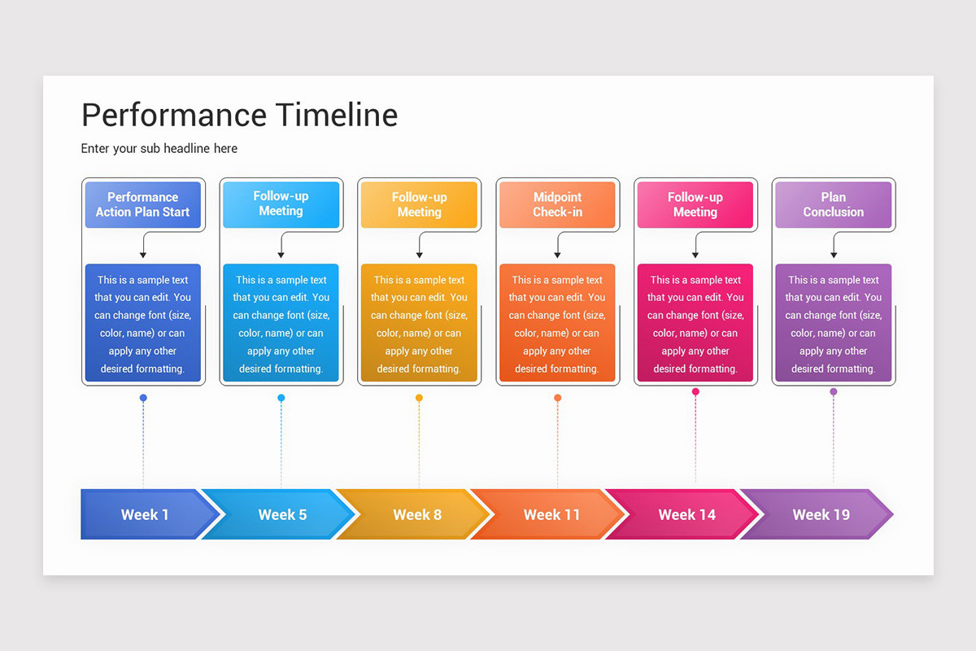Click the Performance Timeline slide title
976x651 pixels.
point(239,116)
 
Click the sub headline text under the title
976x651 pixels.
point(159,148)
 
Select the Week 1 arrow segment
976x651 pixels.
point(145,514)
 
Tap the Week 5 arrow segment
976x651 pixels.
point(282,514)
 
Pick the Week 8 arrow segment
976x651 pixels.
point(417,514)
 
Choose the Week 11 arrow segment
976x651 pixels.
point(551,514)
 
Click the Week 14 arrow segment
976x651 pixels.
point(686,514)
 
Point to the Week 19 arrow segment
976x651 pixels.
point(821,514)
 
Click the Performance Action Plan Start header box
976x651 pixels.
point(142,205)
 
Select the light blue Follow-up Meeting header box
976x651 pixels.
point(281,204)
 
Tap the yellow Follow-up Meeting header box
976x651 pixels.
point(419,205)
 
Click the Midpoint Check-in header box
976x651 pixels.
point(557,205)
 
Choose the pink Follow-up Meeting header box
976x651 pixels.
point(695,205)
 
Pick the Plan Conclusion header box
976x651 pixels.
point(833,205)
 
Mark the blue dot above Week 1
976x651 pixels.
point(143,398)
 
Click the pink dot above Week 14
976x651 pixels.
point(695,391)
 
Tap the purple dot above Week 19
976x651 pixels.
point(833,391)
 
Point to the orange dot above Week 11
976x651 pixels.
point(557,398)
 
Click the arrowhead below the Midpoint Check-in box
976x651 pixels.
point(557,256)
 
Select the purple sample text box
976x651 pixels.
point(833,323)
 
